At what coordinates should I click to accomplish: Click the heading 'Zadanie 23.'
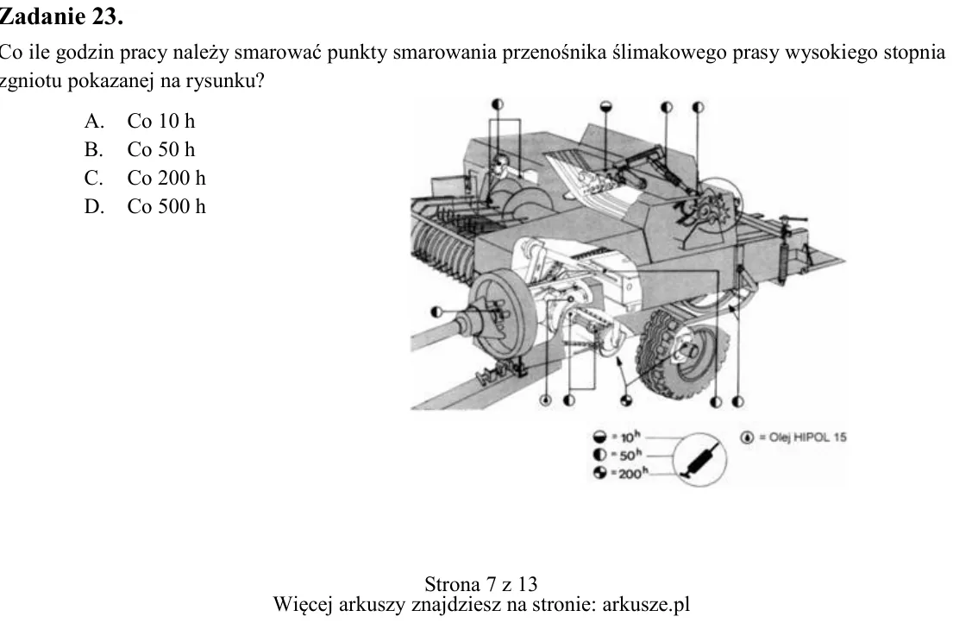point(60,16)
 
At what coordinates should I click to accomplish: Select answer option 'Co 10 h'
point(161,121)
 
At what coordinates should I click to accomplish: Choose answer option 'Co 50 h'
point(161,149)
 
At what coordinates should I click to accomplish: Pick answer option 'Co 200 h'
point(166,178)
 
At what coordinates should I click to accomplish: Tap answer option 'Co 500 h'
point(166,206)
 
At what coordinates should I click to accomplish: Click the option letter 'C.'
point(94,178)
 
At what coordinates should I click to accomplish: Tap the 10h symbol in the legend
point(600,437)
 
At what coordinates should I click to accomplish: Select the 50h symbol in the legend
point(600,455)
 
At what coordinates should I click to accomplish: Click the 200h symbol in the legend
point(600,472)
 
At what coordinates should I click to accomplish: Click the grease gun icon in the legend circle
point(700,460)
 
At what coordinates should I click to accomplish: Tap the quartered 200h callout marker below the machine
point(626,400)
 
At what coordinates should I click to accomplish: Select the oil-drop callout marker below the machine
point(546,400)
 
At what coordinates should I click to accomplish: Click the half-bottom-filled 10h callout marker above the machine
point(606,106)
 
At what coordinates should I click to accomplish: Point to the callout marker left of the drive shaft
point(436,312)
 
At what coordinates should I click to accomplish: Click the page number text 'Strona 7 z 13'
point(480,584)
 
